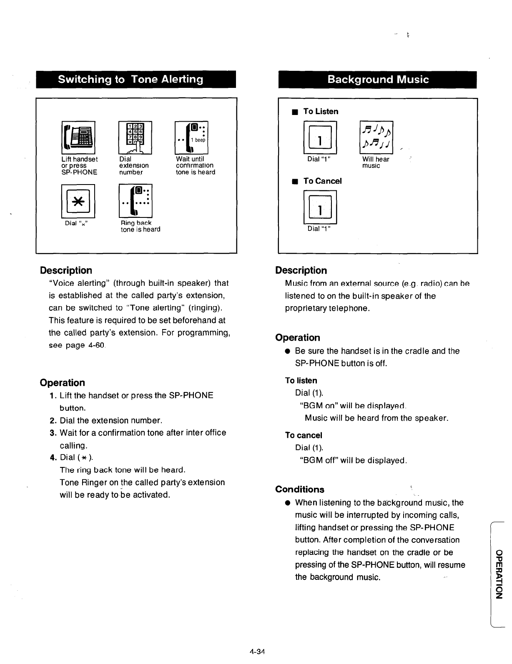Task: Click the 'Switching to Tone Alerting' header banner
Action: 136,80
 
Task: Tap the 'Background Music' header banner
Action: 377,80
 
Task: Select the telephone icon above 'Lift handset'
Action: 78,137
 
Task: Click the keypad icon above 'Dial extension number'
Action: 135,137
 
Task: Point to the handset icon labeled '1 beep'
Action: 192,137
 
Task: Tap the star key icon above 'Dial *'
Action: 78,202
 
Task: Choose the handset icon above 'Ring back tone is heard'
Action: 136,201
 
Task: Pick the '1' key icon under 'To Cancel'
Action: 319,207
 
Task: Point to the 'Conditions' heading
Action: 299,489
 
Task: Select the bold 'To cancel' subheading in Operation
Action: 304,435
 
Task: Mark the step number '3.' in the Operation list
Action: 53,433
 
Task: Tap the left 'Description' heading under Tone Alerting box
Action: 66,270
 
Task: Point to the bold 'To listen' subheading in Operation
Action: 301,380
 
